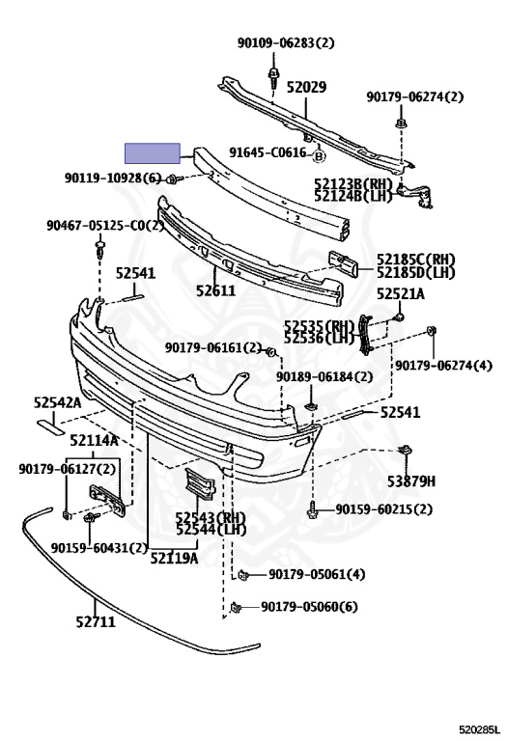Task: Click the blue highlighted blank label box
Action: (x=153, y=153)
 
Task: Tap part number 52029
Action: (x=307, y=87)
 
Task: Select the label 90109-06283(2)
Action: (x=286, y=43)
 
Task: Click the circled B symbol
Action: (x=319, y=155)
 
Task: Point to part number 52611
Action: (x=215, y=289)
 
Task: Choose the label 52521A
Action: (x=401, y=294)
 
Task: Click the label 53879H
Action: (x=411, y=481)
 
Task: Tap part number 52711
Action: (x=96, y=621)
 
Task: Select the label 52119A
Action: (x=174, y=558)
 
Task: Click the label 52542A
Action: (x=57, y=402)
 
